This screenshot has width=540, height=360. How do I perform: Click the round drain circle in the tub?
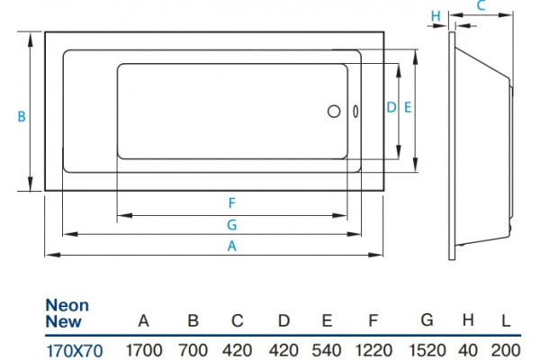pyautogui.click(x=334, y=112)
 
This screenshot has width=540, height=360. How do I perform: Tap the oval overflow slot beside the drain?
pyautogui.click(x=355, y=112)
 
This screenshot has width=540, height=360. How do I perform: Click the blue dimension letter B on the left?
pyautogui.click(x=22, y=116)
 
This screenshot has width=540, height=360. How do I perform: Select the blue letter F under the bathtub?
pyautogui.click(x=232, y=202)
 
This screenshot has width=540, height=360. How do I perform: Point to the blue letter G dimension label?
pyautogui.click(x=232, y=225)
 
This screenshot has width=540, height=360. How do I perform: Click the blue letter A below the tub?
pyautogui.click(x=232, y=246)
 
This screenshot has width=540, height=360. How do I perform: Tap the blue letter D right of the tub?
pyautogui.click(x=391, y=107)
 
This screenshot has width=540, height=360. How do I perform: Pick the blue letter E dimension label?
pyautogui.click(x=408, y=107)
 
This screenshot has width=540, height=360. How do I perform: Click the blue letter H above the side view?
pyautogui.click(x=436, y=16)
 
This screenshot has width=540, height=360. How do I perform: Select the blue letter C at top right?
pyautogui.click(x=481, y=5)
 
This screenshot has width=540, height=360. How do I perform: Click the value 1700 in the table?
pyautogui.click(x=144, y=351)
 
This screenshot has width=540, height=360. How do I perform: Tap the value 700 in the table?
pyautogui.click(x=193, y=351)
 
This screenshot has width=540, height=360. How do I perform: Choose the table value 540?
pyautogui.click(x=327, y=351)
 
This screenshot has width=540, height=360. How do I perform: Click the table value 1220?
pyautogui.click(x=373, y=351)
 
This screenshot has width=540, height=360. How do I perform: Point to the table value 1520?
pyautogui.click(x=427, y=351)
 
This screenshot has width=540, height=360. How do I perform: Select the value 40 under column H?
pyautogui.click(x=468, y=351)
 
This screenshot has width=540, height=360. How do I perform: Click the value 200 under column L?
pyautogui.click(x=506, y=351)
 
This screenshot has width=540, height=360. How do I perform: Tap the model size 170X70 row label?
pyautogui.click(x=75, y=351)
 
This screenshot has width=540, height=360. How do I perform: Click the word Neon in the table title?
pyautogui.click(x=67, y=306)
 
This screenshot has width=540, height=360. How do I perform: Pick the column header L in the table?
pyautogui.click(x=506, y=321)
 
